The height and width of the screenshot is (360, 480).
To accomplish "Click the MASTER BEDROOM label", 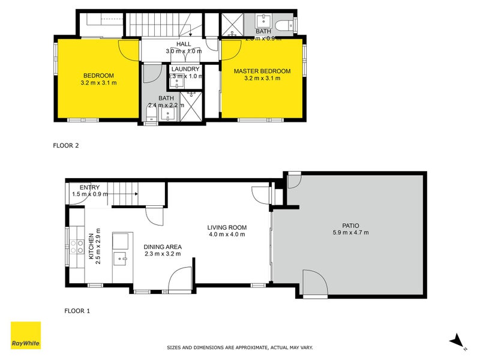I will point(262,71).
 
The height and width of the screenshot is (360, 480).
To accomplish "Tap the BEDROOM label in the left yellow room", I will point(98,76).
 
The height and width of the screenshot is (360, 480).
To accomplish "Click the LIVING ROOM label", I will point(227,227).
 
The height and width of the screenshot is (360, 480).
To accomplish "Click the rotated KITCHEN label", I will point(92,247).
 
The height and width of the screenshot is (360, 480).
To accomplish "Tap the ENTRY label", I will point(85,188).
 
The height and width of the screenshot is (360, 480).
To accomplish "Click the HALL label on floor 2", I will point(184,44).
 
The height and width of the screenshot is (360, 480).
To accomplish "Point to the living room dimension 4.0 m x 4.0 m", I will point(227,235).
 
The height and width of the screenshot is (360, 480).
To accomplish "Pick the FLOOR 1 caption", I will point(77,311).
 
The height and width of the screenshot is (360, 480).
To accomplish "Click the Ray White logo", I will point(26,337).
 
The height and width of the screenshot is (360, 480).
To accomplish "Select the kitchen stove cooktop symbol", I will point(77,247).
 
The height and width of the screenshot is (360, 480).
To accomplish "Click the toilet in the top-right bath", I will point(290,24).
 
